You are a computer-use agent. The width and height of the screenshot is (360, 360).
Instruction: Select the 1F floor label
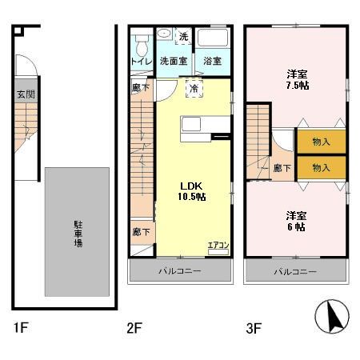(22, 327)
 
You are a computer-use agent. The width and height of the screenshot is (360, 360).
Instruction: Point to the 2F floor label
(134, 327)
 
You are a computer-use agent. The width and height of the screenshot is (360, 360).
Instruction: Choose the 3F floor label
(252, 327)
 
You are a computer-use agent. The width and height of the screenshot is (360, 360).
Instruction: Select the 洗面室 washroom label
(172, 61)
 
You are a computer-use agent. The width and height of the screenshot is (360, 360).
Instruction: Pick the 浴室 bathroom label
(211, 61)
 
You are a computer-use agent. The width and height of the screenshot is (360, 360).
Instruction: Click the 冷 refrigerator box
(194, 87)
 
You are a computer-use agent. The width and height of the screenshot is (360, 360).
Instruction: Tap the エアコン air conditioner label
(218, 246)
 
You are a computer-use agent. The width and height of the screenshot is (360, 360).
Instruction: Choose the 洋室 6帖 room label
(296, 221)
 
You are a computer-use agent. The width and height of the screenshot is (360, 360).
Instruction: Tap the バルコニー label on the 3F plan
(296, 271)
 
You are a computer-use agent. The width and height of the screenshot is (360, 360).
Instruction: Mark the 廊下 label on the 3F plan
(281, 168)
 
